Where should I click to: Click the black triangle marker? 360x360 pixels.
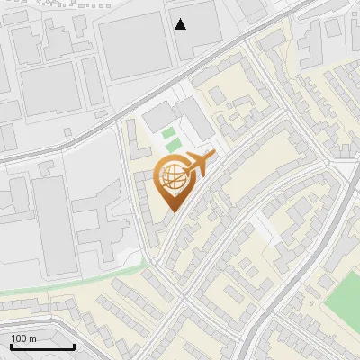coord(181,24)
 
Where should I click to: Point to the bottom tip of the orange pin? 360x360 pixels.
coord(171,211)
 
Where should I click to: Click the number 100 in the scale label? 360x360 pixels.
coord(19,338)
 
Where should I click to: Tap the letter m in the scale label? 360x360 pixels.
coord(32,338)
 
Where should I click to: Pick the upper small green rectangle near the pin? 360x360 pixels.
coord(169,134)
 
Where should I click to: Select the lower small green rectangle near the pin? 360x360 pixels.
coord(172,147)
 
